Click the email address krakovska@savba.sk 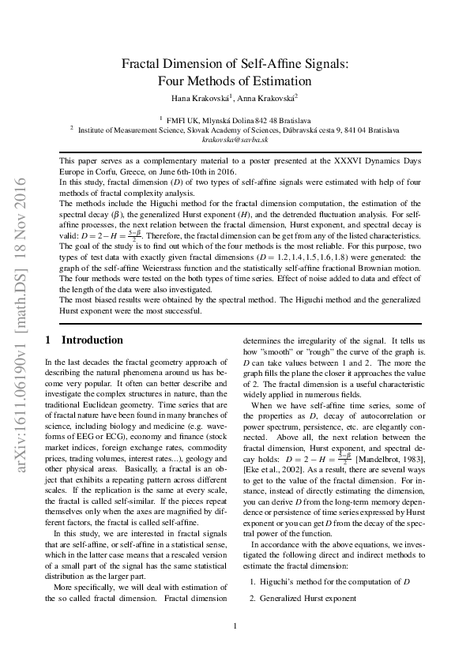pyautogui.click(x=235, y=138)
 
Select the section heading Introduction pyautogui.click(x=92, y=340)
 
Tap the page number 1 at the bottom pyautogui.click(x=235, y=627)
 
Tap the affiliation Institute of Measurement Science pyautogui.click(x=135, y=129)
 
